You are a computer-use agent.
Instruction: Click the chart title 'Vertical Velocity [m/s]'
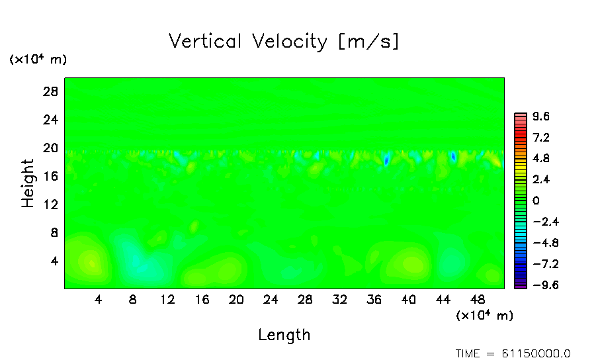pyautogui.click(x=284, y=42)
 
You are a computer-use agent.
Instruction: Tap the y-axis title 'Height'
pyautogui.click(x=28, y=183)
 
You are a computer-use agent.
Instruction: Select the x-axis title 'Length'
pyautogui.click(x=284, y=335)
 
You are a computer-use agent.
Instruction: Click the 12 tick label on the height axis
pyautogui.click(x=52, y=204)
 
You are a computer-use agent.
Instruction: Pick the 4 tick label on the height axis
pyautogui.click(x=55, y=261)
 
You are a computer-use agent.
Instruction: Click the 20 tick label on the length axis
pyautogui.click(x=236, y=299)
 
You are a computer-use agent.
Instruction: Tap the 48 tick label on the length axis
pyautogui.click(x=478, y=299)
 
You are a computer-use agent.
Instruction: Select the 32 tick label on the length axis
pyautogui.click(x=339, y=299)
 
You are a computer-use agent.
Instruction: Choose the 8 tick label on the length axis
pyautogui.click(x=133, y=299)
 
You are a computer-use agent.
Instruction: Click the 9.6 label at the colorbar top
pyautogui.click(x=541, y=116)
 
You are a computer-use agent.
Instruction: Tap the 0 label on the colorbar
pyautogui.click(x=536, y=201)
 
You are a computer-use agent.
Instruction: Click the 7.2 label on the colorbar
pyautogui.click(x=541, y=138)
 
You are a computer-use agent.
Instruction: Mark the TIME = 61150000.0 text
pyautogui.click(x=513, y=353)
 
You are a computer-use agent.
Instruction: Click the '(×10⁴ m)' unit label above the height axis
pyautogui.click(x=38, y=60)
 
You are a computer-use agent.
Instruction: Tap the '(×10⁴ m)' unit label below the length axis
pyautogui.click(x=484, y=316)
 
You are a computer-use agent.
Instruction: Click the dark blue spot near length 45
pyautogui.click(x=453, y=157)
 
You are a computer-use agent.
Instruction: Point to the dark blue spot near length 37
pyautogui.click(x=386, y=159)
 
